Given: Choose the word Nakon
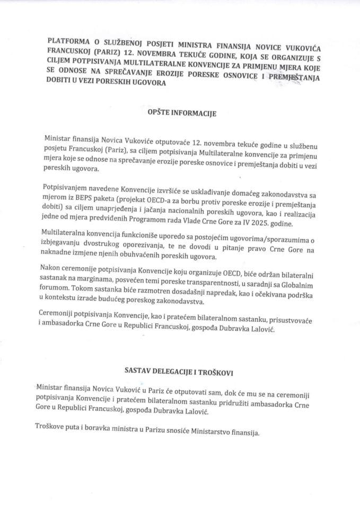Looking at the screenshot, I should [x=52, y=270].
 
